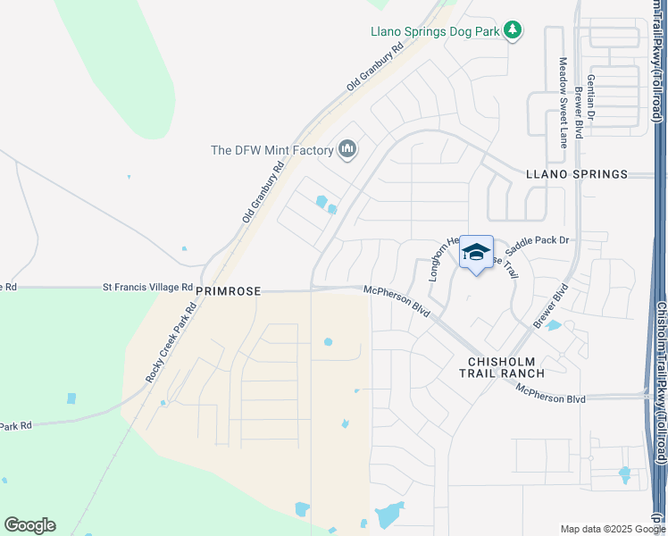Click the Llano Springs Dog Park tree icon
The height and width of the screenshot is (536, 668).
coord(513,31)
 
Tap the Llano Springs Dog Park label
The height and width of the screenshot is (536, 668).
coord(435,31)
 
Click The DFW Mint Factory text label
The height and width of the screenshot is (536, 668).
coord(271,150)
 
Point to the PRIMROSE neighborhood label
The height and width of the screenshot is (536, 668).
coord(228,290)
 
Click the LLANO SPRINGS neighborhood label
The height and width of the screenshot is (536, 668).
coord(576,174)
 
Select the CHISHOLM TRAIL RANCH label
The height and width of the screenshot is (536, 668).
coord(505,367)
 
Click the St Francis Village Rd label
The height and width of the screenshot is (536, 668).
coord(147,288)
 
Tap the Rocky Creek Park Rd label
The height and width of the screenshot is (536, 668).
coord(171,344)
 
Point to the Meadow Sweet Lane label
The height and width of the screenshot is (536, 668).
coord(564,103)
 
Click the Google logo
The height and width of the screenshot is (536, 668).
coord(29,525)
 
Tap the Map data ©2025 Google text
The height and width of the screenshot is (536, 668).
coord(605,529)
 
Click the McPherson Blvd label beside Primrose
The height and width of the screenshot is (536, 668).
coord(397,298)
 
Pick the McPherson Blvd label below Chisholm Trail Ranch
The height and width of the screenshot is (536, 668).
coord(550,392)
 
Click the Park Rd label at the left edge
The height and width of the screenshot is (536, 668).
coord(16,427)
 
